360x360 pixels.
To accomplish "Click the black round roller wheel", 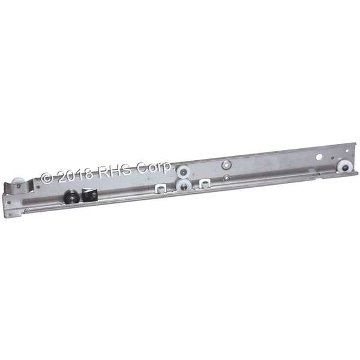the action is pyautogui.click(x=70, y=196).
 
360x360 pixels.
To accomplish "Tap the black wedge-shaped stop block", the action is pyautogui.click(x=90, y=195).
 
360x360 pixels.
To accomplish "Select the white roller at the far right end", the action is pyautogui.click(x=345, y=168).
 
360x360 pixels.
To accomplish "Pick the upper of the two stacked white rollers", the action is pyautogui.click(x=184, y=172).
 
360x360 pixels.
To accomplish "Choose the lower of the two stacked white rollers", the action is pyautogui.click(x=183, y=184).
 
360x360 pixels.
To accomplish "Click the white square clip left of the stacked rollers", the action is pyautogui.click(x=161, y=189).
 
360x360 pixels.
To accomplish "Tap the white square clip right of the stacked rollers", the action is pyautogui.click(x=205, y=184).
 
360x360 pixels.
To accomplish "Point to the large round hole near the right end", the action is pyautogui.click(x=319, y=157).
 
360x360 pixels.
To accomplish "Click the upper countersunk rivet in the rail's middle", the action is pyautogui.click(x=226, y=164).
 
